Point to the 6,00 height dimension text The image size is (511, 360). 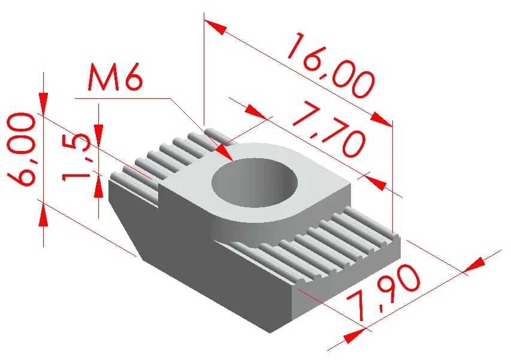coord(22,149)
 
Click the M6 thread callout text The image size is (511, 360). coord(114,77)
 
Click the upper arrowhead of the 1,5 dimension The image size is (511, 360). coord(99,133)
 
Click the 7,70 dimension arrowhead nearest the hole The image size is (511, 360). coord(255,112)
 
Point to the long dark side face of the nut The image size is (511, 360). coord(222,288)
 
